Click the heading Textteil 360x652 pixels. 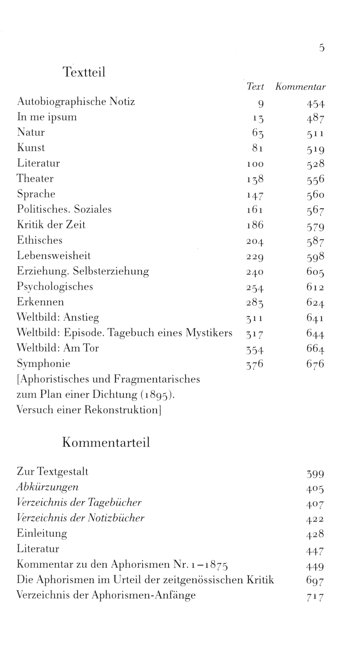click(84, 72)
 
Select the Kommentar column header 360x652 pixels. click(300, 87)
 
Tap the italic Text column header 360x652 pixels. click(255, 87)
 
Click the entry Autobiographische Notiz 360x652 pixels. click(76, 102)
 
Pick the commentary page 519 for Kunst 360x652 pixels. click(316, 149)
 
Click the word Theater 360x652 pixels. click(35, 178)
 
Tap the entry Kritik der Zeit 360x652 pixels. click(51, 225)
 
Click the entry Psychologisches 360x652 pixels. click(55, 287)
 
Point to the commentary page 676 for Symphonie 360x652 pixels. click(316, 364)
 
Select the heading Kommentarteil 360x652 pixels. click(106, 443)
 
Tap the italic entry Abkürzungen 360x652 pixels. click(47, 487)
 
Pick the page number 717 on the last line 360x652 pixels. click(315, 597)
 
